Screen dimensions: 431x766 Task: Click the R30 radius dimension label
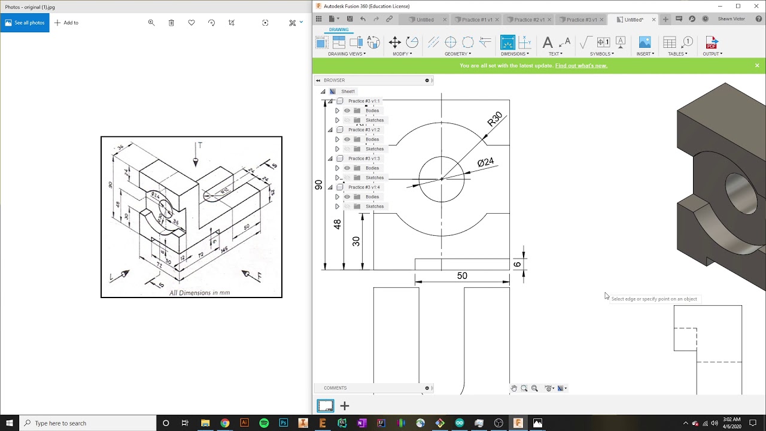tap(495, 119)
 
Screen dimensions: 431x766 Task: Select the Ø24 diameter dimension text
tap(485, 162)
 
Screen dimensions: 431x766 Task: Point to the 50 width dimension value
tap(462, 276)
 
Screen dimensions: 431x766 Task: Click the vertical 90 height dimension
tap(318, 186)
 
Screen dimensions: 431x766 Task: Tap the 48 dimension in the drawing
tap(337, 224)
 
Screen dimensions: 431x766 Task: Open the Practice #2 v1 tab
tap(529, 19)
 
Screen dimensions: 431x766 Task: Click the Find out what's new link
tap(580, 66)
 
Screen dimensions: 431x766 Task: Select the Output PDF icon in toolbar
tap(711, 43)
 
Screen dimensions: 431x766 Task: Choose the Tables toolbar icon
tap(670, 43)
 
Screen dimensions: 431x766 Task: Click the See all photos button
tap(25, 23)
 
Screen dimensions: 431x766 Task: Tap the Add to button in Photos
tap(66, 23)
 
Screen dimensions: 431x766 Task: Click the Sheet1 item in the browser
tap(348, 92)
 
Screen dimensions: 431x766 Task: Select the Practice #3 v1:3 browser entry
tap(364, 159)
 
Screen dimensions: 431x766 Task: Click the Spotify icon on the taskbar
tap(264, 423)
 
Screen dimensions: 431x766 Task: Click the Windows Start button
tap(10, 423)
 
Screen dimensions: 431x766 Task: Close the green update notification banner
tap(757, 66)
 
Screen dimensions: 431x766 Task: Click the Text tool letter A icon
tap(547, 43)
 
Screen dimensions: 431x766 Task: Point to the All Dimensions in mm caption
tap(199, 293)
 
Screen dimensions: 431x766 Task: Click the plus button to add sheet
tap(345, 406)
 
